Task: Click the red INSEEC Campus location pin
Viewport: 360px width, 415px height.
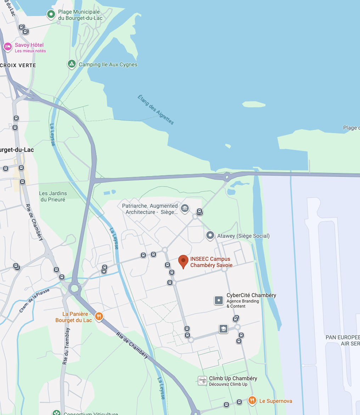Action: point(183,261)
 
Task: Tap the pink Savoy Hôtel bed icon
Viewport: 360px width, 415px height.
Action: point(8,46)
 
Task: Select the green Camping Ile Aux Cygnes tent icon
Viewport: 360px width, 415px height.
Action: point(72,64)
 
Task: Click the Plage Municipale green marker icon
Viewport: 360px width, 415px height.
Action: point(51,14)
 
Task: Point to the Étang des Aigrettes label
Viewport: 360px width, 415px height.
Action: point(156,110)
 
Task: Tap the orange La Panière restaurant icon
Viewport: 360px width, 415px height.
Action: point(99,316)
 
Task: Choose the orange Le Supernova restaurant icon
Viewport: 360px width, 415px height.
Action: point(252,400)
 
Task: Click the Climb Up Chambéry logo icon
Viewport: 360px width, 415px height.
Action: point(202,381)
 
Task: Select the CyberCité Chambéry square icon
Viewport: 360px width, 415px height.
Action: point(219,300)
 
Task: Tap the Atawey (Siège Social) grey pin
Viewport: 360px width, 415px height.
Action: point(210,235)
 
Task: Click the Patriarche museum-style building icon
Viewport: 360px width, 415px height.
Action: point(185,208)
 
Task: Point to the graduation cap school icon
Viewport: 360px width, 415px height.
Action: point(223,329)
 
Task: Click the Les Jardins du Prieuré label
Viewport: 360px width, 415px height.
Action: point(53,197)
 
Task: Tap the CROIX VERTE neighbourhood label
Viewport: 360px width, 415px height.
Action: point(18,65)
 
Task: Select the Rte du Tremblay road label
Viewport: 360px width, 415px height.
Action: point(66,346)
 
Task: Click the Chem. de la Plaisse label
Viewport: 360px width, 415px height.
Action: point(34,300)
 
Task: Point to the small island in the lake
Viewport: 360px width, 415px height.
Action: point(254,104)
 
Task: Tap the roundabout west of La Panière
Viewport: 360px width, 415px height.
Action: point(74,288)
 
